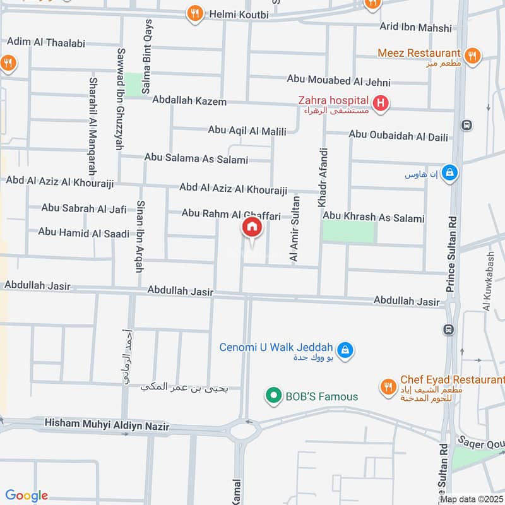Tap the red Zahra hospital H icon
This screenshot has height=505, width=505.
380,102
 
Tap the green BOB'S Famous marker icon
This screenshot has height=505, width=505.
273,396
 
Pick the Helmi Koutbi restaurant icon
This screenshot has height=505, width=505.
196,13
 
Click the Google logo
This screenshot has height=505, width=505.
27,496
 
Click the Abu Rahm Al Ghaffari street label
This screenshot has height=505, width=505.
231,215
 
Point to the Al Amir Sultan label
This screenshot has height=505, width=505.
294,229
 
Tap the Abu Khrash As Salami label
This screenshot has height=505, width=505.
374,218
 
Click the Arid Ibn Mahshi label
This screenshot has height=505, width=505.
415,28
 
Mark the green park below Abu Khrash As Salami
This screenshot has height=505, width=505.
349,232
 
